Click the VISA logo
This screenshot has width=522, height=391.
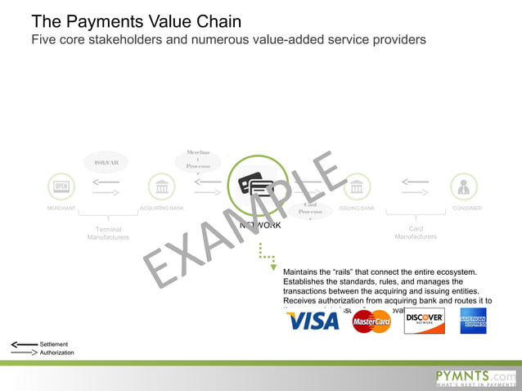pyautogui.click(x=312, y=321)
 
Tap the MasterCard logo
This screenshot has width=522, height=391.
pyautogui.click(x=371, y=321)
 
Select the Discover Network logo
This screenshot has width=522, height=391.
pyautogui.click(x=424, y=320)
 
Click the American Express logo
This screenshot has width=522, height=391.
pyautogui.click(x=473, y=321)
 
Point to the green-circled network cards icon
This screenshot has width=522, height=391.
pyautogui.click(x=257, y=186)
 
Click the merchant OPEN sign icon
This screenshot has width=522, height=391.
pyautogui.click(x=61, y=187)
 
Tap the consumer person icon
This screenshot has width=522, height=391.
pyautogui.click(x=463, y=187)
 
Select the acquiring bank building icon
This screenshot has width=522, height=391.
pyautogui.click(x=161, y=187)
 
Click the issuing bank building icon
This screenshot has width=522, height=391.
pyautogui.click(x=356, y=187)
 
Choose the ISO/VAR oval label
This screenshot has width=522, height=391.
pyautogui.click(x=106, y=162)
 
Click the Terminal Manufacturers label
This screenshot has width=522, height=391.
pyautogui.click(x=108, y=233)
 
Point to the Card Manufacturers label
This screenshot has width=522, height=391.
pyautogui.click(x=416, y=233)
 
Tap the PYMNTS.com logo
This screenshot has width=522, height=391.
pyautogui.click(x=475, y=377)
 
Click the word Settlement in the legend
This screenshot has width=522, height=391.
pyautogui.click(x=54, y=344)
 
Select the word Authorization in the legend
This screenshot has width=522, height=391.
pyautogui.click(x=57, y=353)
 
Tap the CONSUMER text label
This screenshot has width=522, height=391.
pyautogui.click(x=467, y=209)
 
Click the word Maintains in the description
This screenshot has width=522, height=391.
pyautogui.click(x=302, y=272)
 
